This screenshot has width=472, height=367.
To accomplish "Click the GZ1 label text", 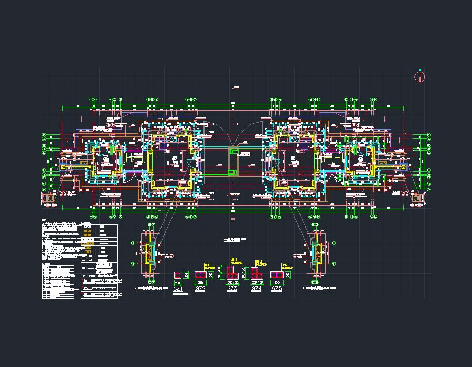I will [x=178, y=289].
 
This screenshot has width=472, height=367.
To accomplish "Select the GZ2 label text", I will [x=200, y=289].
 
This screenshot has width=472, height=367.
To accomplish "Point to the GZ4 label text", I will [x=256, y=289].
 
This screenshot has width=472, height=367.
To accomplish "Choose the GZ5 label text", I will [x=277, y=289].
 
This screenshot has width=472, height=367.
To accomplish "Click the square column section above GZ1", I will [x=178, y=275].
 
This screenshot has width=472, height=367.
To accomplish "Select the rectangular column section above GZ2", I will [x=200, y=274].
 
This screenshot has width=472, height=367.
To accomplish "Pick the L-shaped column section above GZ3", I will [x=231, y=273].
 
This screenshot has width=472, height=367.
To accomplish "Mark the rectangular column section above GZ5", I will [x=276, y=274].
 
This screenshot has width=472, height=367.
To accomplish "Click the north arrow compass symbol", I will [x=420, y=77].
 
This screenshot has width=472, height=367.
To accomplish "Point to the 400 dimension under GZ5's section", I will [x=276, y=282].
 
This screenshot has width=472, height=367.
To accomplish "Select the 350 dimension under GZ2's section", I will [x=200, y=282].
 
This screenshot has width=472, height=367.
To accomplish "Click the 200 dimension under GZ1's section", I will [x=178, y=282].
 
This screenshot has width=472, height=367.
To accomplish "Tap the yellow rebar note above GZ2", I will [x=207, y=266].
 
